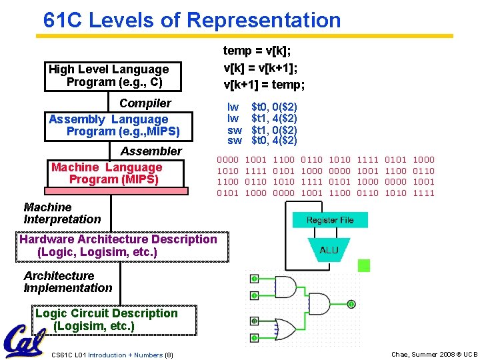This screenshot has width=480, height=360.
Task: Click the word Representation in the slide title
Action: click(263, 20)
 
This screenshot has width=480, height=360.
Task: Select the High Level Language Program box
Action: click(109, 76)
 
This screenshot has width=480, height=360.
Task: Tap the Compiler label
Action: click(145, 103)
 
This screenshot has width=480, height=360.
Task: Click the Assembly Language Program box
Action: click(113, 125)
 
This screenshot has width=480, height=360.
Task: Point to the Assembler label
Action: click(151, 151)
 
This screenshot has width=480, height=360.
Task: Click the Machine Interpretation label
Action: click(62, 213)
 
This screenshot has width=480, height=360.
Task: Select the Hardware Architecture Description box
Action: click(118, 245)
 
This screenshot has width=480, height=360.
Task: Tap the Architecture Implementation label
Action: click(67, 282)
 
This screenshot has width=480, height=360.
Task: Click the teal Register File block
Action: click(330, 221)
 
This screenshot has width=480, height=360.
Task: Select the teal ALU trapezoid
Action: click(329, 250)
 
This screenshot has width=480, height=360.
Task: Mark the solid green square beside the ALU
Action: click(363, 266)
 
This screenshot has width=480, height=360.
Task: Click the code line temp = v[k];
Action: click(257, 51)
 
